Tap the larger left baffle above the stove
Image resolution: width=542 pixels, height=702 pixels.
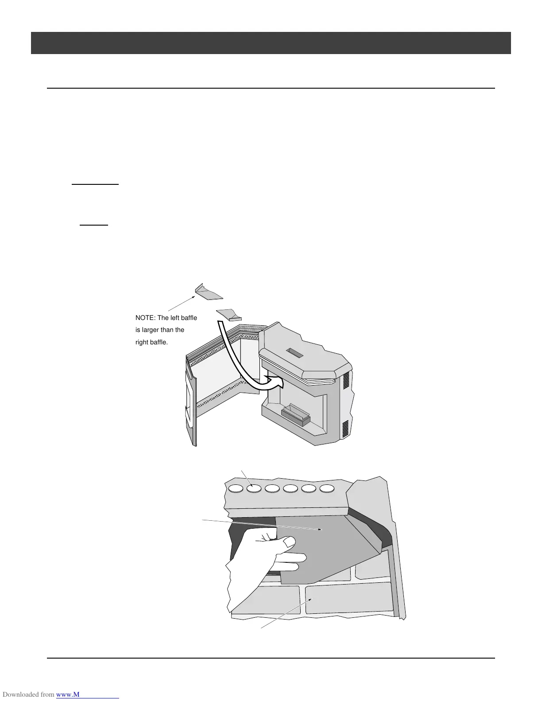pos(209,292)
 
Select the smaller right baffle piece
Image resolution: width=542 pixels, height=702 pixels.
pos(229,314)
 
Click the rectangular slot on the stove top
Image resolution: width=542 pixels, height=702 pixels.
pos(294,353)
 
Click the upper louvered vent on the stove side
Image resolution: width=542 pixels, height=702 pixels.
pos(347,380)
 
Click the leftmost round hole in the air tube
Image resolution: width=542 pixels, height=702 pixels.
pos(236,488)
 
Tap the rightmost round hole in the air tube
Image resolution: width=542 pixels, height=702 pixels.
pos(327,488)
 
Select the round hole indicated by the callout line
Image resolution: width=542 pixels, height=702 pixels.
pos(254,488)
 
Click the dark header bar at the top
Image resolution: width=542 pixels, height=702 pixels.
pos(271,43)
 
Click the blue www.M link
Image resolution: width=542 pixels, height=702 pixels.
pos(88,694)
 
